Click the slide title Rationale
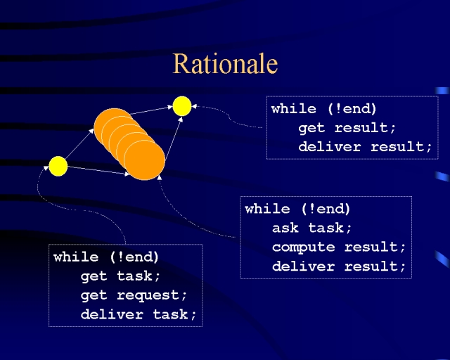point(225,64)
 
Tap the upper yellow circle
point(182,106)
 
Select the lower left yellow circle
point(58,166)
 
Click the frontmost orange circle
point(144,160)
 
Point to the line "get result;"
point(347,128)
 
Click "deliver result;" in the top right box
point(365,147)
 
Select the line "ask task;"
point(312,228)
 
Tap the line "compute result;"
point(339,247)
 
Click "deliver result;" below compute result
point(339,266)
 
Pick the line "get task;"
point(120,276)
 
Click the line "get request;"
point(134,295)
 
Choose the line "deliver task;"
point(139,314)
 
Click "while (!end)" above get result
point(323,109)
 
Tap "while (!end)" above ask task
point(297,209)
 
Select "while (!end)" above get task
point(106,257)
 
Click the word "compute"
point(303,247)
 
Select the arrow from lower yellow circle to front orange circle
point(98,171)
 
